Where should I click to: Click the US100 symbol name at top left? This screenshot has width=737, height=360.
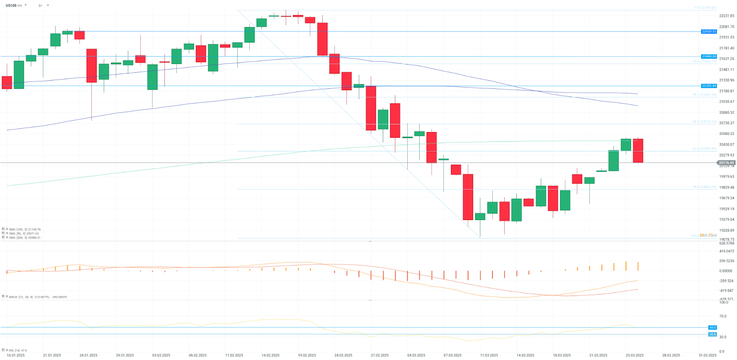coord(11,6)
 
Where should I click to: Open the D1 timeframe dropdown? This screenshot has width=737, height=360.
coord(44,6)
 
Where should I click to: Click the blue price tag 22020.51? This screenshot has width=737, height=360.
coord(709,31)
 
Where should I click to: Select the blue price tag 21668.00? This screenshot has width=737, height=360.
coord(709,56)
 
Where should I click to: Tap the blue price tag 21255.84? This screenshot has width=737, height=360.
coord(709,86)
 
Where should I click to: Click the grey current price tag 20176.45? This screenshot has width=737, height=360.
coord(726,163)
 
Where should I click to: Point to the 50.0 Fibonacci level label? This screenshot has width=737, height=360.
coord(704,122)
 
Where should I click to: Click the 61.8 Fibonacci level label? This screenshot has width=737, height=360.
coord(704,149)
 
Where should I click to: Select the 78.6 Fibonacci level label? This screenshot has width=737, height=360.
coord(704,187)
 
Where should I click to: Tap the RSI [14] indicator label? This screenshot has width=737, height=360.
coord(18,350)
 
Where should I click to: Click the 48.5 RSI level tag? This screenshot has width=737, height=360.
coord(713,327)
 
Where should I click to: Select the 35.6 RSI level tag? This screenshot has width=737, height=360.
coord(713,334)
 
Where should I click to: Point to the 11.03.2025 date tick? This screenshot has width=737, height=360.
coord(489,355)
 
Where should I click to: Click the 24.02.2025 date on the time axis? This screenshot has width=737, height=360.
coord(343,355)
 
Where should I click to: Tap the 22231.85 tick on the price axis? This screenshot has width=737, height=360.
coord(726,16)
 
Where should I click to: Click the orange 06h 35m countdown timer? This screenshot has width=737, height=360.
coord(708,235)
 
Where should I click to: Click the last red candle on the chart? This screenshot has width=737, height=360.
coord(638,151)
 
